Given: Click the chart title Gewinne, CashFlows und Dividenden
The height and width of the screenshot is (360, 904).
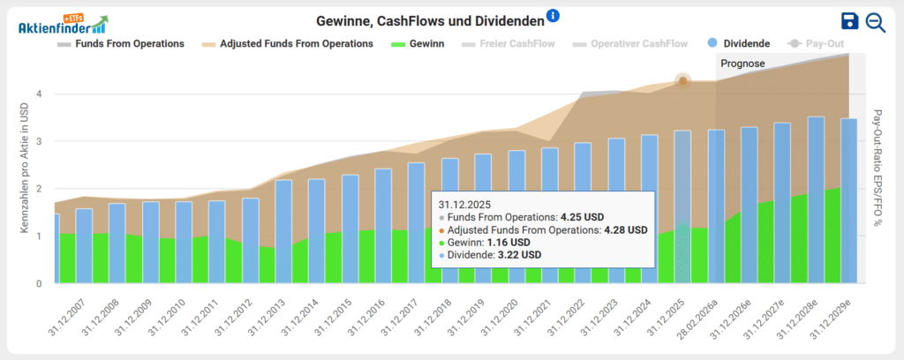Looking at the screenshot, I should (429, 20).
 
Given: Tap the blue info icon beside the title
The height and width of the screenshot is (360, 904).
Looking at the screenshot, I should (553, 16).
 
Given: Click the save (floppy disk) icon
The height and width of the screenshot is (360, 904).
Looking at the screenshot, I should (849, 22).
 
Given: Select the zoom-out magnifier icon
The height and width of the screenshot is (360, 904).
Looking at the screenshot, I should (875, 22).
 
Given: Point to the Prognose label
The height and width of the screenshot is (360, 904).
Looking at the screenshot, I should (742, 64).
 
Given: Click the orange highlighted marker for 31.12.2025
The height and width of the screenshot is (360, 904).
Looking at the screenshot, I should (682, 80).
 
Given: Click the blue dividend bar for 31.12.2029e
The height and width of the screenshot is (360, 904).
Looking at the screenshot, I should (848, 203).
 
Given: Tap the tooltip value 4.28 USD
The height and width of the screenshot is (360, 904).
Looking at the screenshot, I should (626, 229).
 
